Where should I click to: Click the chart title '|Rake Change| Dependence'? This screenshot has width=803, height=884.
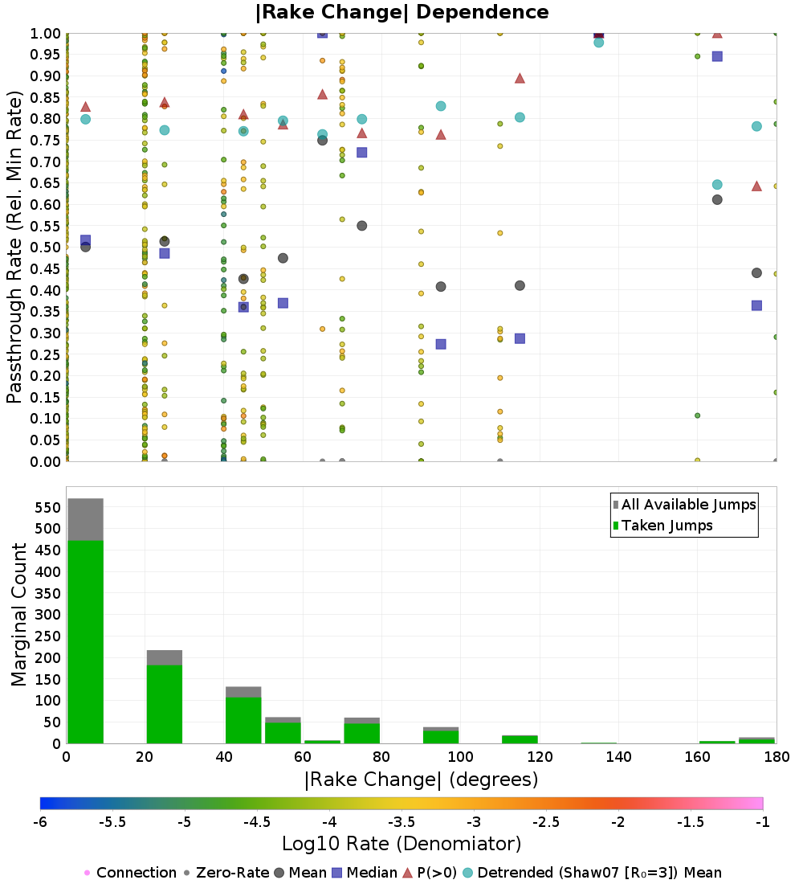[x=401, y=12]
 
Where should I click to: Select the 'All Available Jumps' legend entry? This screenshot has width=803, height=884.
[x=688, y=505]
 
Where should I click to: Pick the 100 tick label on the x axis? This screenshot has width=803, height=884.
[x=460, y=756]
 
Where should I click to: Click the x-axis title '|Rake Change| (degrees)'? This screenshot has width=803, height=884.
[x=421, y=780]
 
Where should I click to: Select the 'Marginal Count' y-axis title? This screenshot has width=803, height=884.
[x=19, y=615]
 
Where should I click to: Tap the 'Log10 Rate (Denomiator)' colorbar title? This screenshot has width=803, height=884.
[x=401, y=844]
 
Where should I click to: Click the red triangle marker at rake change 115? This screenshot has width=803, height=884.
[x=520, y=78]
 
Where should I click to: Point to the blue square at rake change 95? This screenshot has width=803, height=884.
[x=441, y=344]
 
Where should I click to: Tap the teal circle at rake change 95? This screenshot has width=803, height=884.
[x=441, y=106]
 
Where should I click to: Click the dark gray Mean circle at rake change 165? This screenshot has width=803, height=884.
[x=717, y=199]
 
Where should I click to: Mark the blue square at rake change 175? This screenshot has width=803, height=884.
[x=756, y=305]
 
